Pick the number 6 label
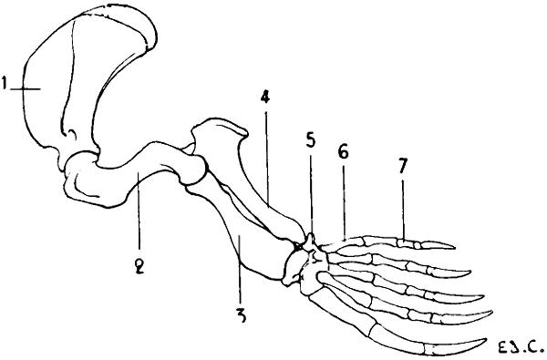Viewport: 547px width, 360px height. point(343,155)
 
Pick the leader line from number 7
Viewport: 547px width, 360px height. point(402,210)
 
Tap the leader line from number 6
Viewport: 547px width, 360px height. point(345,201)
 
